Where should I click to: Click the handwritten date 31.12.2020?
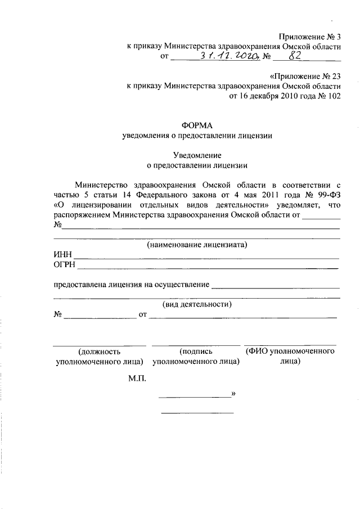[228, 56]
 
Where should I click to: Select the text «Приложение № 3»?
[310, 36]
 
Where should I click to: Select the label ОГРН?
[65, 265]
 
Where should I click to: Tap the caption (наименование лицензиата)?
[197, 245]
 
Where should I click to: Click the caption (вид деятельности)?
[197, 304]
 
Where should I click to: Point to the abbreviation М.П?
[137, 379]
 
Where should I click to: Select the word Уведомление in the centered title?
[197, 155]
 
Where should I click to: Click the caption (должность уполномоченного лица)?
[99, 356]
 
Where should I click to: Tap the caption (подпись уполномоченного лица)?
[196, 356]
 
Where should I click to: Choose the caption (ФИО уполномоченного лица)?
[290, 356]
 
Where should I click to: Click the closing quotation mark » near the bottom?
[233, 394]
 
